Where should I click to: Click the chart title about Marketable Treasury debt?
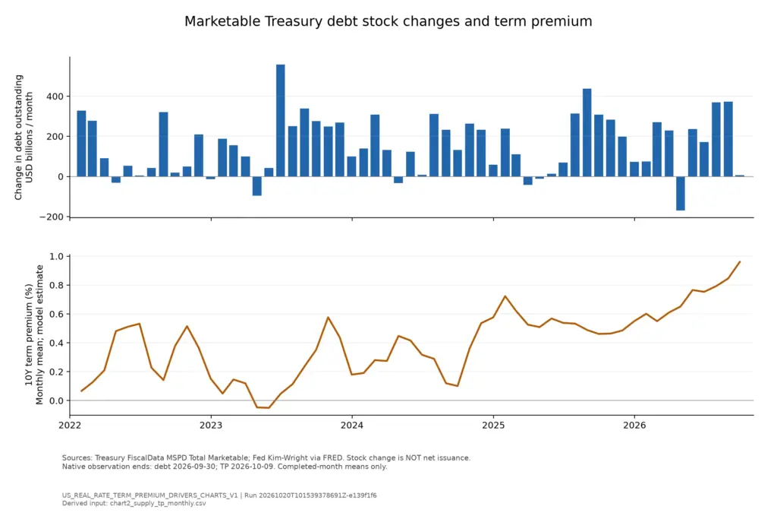(x=388, y=21)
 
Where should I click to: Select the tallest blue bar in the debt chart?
(x=281, y=121)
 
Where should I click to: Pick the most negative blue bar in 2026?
(x=681, y=194)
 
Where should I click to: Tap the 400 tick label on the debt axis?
(x=55, y=97)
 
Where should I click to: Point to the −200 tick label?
(x=52, y=217)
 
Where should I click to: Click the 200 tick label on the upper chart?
(x=55, y=137)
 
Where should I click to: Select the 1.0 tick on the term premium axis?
(x=56, y=257)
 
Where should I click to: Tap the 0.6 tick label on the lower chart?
(x=56, y=314)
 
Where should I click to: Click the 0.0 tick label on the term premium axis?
(x=56, y=400)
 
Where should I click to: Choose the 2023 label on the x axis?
(x=211, y=426)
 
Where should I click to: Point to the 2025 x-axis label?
(x=493, y=426)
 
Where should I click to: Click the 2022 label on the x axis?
(x=70, y=426)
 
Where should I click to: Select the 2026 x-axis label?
(x=634, y=426)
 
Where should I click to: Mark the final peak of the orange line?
(x=740, y=261)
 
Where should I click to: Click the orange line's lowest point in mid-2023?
(x=269, y=408)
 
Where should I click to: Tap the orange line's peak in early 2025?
(x=505, y=296)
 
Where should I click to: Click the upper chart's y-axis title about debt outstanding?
(x=24, y=138)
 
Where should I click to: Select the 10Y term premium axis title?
(x=33, y=335)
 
